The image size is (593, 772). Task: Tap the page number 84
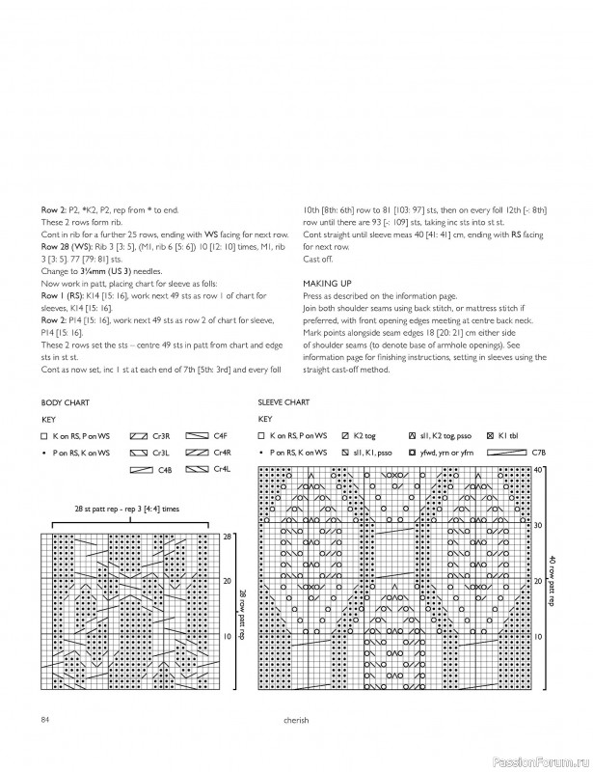pyautogui.click(x=45, y=719)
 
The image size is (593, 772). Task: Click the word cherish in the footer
pyautogui.click(x=296, y=719)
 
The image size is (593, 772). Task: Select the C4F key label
pyautogui.click(x=220, y=436)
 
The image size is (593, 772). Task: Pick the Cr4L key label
pyautogui.click(x=221, y=469)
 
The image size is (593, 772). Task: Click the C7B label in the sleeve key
pyautogui.click(x=538, y=452)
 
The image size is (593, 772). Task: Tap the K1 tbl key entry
pyautogui.click(x=509, y=436)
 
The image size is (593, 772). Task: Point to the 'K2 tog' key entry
pyautogui.click(x=364, y=436)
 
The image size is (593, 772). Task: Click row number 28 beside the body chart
pyautogui.click(x=228, y=536)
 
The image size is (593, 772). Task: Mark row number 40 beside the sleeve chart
pyautogui.click(x=539, y=469)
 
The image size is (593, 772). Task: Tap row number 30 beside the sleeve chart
pyautogui.click(x=539, y=525)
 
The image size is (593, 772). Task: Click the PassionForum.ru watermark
pyautogui.click(x=547, y=759)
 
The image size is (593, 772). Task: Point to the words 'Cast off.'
pyautogui.click(x=317, y=260)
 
